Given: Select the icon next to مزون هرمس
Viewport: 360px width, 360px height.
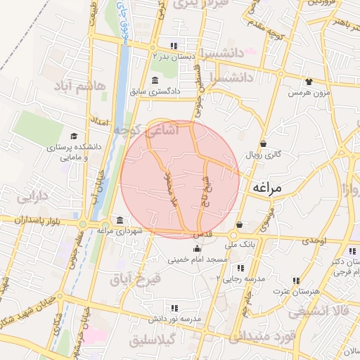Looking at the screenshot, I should pyautogui.click(x=308, y=82).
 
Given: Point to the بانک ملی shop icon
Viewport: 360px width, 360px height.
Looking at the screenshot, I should pyautogui.click(x=240, y=225).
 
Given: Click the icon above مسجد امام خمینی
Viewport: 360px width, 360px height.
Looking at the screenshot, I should pyautogui.click(x=196, y=247).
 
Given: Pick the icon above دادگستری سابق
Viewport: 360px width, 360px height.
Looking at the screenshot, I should pyautogui.click(x=155, y=80).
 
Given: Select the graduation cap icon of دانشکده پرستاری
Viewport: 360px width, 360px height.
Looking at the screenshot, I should pyautogui.click(x=74, y=136).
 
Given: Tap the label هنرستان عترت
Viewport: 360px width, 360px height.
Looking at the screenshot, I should pyautogui.click(x=295, y=290).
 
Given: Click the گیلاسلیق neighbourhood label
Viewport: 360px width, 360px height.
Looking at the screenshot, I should pyautogui.click(x=157, y=340).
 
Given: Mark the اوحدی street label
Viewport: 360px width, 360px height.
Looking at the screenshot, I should pyautogui.click(x=314, y=241).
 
